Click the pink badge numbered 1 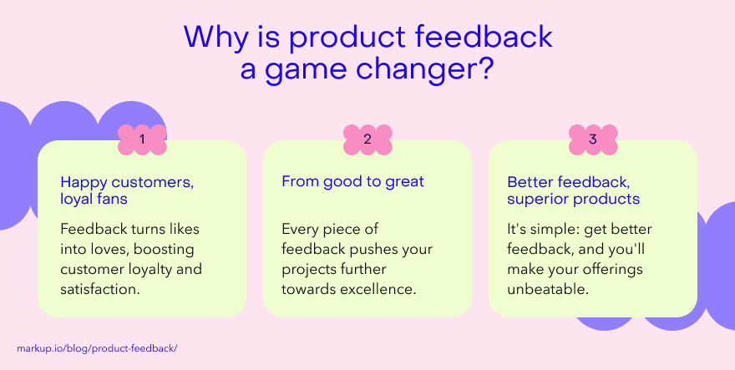tap(142, 139)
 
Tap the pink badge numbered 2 tap(367, 139)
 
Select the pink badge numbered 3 tap(593, 139)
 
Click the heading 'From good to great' tap(352, 181)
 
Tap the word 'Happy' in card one tap(83, 182)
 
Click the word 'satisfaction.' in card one tap(100, 289)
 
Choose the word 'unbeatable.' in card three tap(548, 289)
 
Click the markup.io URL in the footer tap(97, 349)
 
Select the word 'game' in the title tap(306, 70)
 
